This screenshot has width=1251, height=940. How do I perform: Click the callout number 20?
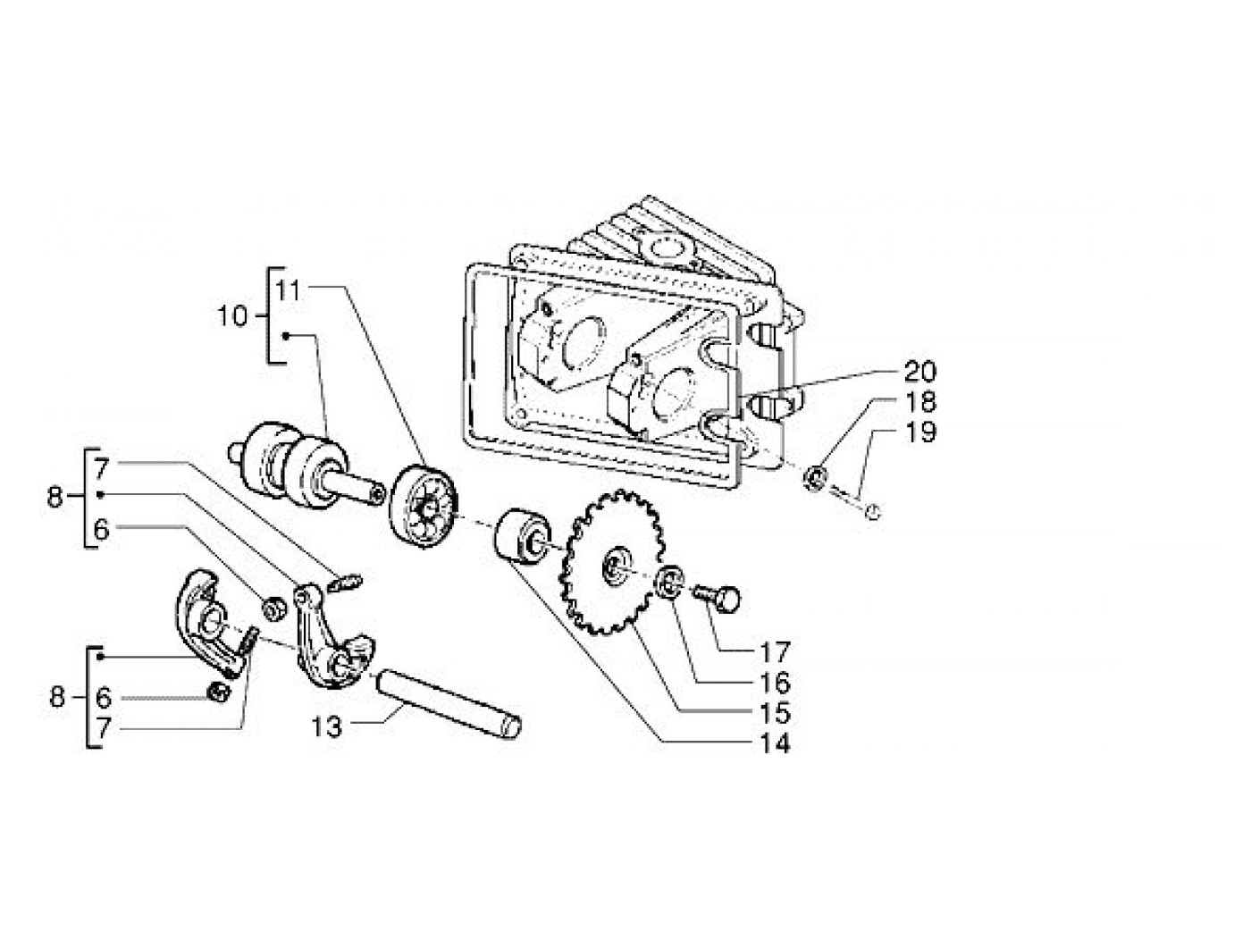tap(919, 372)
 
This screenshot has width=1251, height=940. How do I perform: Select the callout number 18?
tap(919, 402)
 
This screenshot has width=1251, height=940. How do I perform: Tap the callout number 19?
tap(919, 432)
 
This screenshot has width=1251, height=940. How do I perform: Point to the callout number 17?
tap(776, 651)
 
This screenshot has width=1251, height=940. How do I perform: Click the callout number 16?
tap(776, 682)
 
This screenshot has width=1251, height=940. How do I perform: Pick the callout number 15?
tap(776, 713)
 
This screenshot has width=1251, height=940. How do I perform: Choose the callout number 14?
tap(776, 743)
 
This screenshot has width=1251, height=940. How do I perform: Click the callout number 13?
tap(326, 727)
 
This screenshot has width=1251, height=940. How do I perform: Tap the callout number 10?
tap(233, 315)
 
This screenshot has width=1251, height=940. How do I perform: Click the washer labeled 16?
tap(668, 583)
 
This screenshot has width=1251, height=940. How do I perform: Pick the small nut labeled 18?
tap(814, 479)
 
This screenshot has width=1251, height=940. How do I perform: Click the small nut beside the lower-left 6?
tap(219, 692)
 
